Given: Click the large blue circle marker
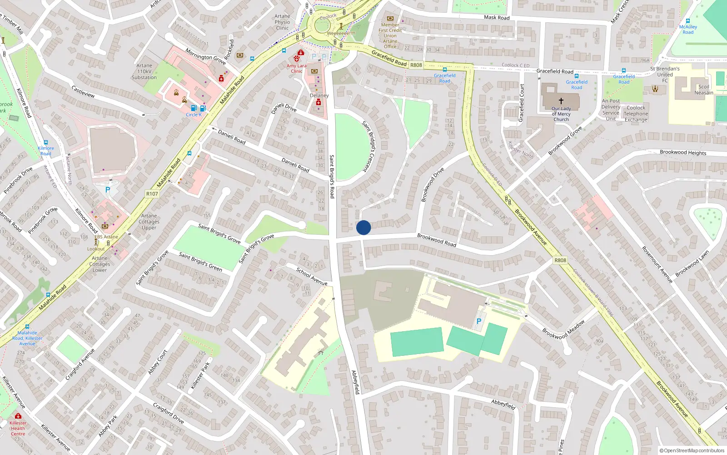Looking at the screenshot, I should click(x=363, y=227).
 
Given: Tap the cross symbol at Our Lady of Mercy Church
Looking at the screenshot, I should click(x=561, y=101).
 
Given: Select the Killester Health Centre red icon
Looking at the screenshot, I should click(x=18, y=416).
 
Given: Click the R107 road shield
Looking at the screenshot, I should click(x=152, y=194).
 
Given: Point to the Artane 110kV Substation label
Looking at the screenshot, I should click(x=144, y=71).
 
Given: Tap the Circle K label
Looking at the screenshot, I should click(x=194, y=115).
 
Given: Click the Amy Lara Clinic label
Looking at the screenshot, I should click(x=296, y=68).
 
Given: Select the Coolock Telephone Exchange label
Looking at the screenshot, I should click(x=636, y=114).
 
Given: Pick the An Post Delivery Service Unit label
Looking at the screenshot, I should click(x=611, y=110).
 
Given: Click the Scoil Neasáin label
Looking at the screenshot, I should click(x=704, y=90).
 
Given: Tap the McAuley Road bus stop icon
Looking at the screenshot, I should click(x=688, y=21).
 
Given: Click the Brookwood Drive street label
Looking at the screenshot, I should click(x=432, y=185).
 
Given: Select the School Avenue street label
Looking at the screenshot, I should click(x=312, y=276).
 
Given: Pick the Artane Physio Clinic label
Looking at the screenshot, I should click(x=282, y=22).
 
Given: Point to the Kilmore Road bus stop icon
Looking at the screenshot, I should click(x=45, y=142).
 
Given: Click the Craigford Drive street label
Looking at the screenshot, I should click(x=168, y=413).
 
